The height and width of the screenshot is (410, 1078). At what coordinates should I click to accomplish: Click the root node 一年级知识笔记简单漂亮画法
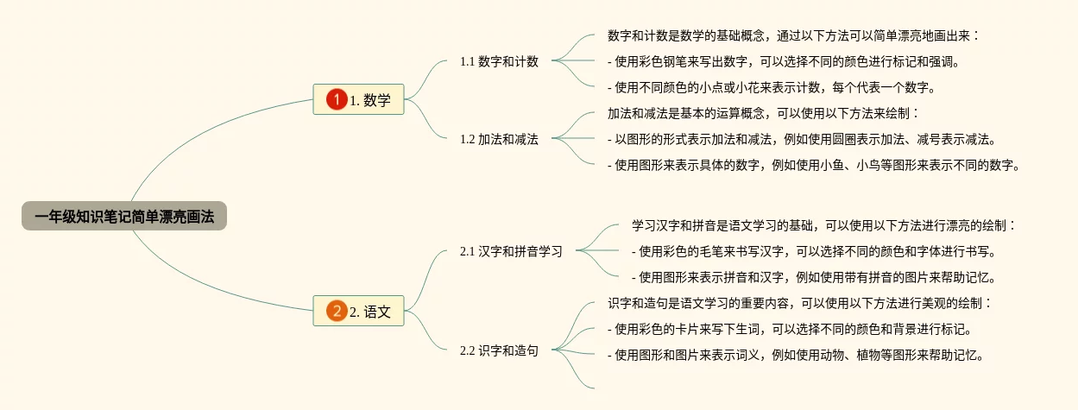[x=124, y=217]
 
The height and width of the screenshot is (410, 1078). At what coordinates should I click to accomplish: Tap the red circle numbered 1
[x=337, y=100]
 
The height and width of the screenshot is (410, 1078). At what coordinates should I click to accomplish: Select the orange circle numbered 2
[x=337, y=312]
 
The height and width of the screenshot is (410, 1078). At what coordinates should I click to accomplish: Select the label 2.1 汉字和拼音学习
[x=511, y=251]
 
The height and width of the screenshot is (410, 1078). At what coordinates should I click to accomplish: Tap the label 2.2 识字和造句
[x=499, y=350]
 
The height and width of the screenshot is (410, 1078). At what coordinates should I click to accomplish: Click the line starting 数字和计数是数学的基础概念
[x=793, y=35]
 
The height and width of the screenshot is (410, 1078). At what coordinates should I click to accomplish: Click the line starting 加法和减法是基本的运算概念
[x=764, y=113]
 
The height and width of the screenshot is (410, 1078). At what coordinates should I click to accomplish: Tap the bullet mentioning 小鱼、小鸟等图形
[x=814, y=165]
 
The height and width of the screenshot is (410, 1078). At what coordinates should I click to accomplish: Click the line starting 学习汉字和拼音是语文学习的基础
[x=823, y=225]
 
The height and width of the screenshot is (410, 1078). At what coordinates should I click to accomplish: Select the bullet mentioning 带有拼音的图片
[x=814, y=277]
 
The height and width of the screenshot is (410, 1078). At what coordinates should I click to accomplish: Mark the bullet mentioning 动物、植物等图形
[x=795, y=355]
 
